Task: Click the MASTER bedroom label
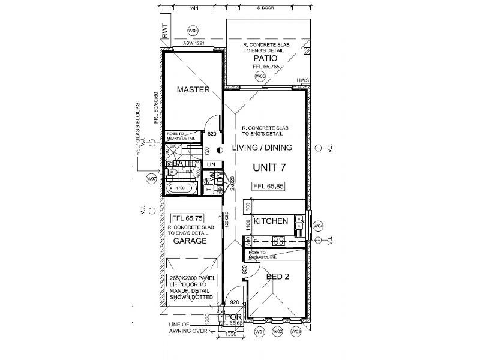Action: click(x=193, y=90)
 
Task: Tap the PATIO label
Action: click(x=265, y=59)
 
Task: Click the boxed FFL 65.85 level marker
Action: click(x=268, y=186)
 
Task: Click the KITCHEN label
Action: click(x=271, y=221)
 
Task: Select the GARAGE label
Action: click(x=190, y=241)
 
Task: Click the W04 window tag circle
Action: click(x=318, y=226)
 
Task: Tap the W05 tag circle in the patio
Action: click(x=260, y=77)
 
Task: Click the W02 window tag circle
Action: click(x=277, y=331)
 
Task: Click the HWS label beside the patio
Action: click(x=302, y=80)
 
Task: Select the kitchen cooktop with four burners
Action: click(x=278, y=241)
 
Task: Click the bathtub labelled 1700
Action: click(x=180, y=189)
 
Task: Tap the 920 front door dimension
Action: click(x=235, y=302)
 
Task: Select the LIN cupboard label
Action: click(x=211, y=164)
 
